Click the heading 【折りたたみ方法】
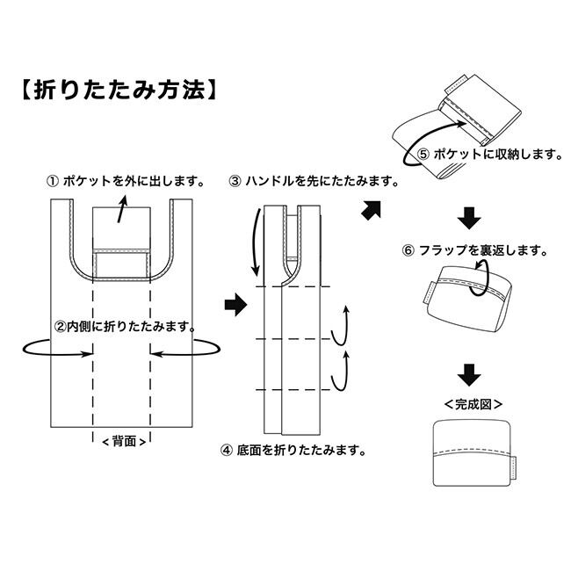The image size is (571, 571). pyautogui.click(x=119, y=90)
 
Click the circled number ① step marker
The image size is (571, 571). pyautogui.click(x=53, y=181)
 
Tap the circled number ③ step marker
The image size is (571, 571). pyautogui.click(x=235, y=181)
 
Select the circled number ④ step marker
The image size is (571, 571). pyautogui.click(x=227, y=451)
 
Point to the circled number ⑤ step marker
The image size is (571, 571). pyautogui.click(x=423, y=155)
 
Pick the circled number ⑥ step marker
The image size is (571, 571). pyautogui.click(x=408, y=250)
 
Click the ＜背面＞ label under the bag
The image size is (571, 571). pyautogui.click(x=124, y=441)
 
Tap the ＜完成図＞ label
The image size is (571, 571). pyautogui.click(x=473, y=404)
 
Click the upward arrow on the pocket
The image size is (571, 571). pyautogui.click(x=122, y=209)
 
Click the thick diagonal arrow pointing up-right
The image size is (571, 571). pyautogui.click(x=371, y=210)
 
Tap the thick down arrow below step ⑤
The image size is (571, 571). pyautogui.click(x=469, y=218)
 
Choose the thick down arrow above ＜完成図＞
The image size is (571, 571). pyautogui.click(x=469, y=375)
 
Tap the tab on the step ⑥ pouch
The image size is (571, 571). pyautogui.click(x=428, y=293)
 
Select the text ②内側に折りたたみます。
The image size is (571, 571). pyautogui.click(x=125, y=326)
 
